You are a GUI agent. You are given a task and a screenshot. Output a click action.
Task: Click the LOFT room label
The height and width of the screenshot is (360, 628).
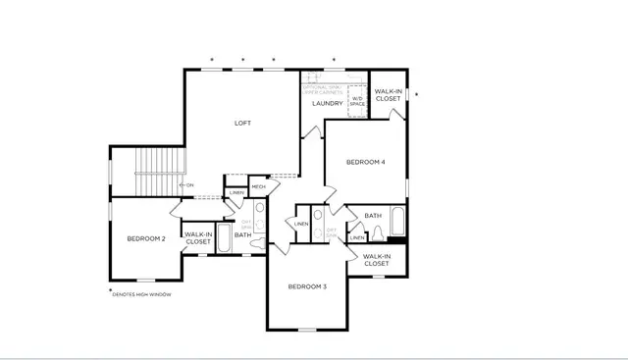[x=242, y=123]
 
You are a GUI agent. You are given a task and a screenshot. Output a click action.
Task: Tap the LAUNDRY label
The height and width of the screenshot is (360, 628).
[x=327, y=103]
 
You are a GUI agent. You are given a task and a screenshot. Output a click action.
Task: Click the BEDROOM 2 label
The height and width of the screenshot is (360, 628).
[x=145, y=238]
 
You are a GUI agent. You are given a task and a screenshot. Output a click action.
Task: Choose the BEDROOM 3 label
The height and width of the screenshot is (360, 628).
[x=306, y=286]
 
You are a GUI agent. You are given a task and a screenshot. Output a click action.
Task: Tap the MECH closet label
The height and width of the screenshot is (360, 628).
[x=258, y=186]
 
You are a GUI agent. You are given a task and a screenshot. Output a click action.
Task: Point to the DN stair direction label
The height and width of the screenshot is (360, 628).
[x=189, y=184]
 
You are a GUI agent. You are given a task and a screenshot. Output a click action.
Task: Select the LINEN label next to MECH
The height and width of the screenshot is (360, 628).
[x=236, y=192]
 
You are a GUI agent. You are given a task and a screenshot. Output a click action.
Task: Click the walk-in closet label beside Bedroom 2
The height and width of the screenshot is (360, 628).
[x=198, y=238]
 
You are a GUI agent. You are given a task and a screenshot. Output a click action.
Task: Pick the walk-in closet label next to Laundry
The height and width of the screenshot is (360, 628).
[x=388, y=95]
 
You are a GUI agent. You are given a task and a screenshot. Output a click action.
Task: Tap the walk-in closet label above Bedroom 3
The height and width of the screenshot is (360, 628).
[x=376, y=260]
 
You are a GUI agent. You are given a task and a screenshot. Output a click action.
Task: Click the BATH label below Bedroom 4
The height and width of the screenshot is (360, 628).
[x=373, y=216]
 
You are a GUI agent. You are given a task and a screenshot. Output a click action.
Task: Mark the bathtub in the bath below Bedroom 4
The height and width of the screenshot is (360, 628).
[x=396, y=221]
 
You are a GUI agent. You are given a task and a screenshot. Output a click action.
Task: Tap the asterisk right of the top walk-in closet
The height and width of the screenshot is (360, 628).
[x=416, y=94]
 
